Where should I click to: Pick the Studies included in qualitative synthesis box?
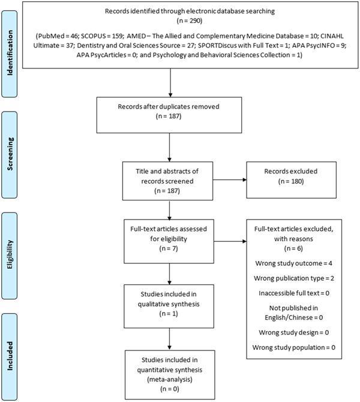172,302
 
